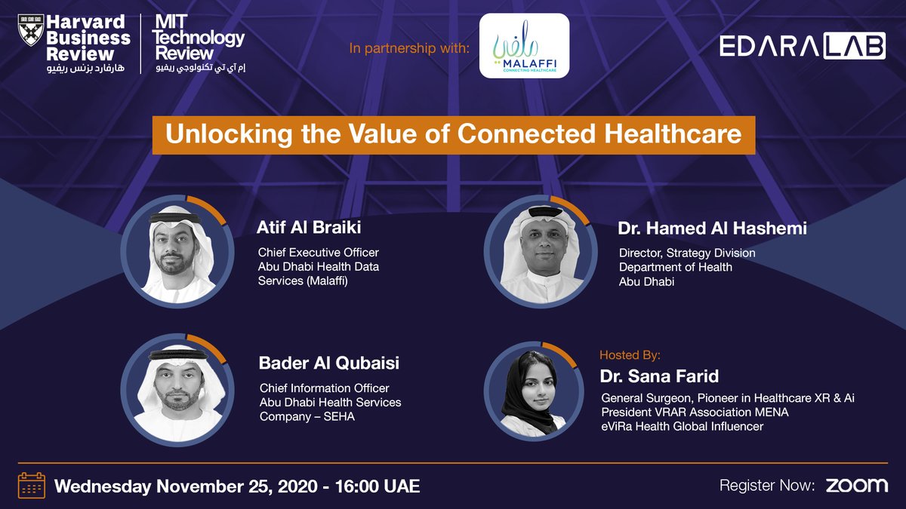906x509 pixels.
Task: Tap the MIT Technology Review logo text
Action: pos(199,38)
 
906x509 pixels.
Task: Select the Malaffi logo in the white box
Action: pos(524,45)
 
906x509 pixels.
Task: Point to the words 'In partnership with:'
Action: pos(408,49)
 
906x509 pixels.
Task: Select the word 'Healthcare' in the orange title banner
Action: pos(673,134)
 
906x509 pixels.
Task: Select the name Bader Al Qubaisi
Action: pos(328,363)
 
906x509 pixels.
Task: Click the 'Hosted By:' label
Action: pos(630,354)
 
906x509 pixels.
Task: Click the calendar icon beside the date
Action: pos(32,485)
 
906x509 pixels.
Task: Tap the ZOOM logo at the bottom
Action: pos(856,485)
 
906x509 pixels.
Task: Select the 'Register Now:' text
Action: pos(766,486)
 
